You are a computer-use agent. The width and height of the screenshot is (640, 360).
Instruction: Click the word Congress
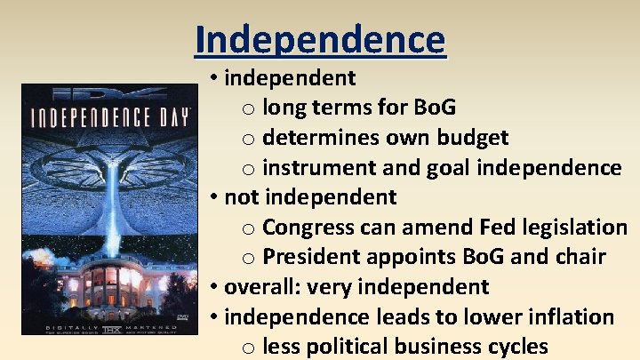click(x=308, y=227)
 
